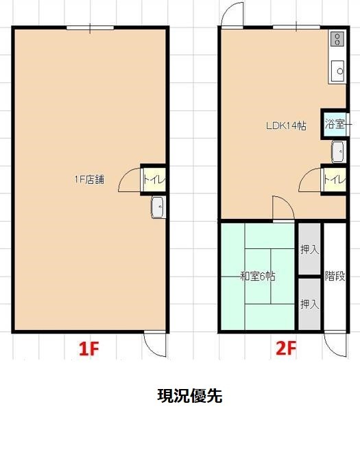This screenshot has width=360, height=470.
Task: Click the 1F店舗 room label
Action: click(x=89, y=180)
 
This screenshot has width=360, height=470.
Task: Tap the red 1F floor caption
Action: click(x=88, y=349)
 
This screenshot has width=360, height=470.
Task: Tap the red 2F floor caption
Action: click(x=286, y=349)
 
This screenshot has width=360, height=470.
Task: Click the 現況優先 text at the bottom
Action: click(x=189, y=396)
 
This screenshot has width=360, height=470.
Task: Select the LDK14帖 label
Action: click(x=286, y=126)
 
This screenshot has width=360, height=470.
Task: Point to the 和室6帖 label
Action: click(x=258, y=276)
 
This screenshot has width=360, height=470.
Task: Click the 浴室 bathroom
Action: click(x=335, y=124)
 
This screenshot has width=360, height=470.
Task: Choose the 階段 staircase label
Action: click(x=335, y=276)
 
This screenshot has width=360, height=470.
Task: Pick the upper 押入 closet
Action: click(x=310, y=249)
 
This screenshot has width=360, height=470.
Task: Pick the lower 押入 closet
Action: click(x=310, y=304)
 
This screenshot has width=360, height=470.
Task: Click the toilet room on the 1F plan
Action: click(x=154, y=180)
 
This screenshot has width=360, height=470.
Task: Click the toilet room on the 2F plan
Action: click(x=335, y=180)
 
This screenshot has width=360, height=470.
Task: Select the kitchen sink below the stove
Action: click(x=338, y=71)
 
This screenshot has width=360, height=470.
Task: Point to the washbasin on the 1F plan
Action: click(x=158, y=207)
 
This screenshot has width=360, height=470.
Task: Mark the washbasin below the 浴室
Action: click(x=339, y=152)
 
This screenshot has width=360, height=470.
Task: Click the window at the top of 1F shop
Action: click(x=90, y=27)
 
